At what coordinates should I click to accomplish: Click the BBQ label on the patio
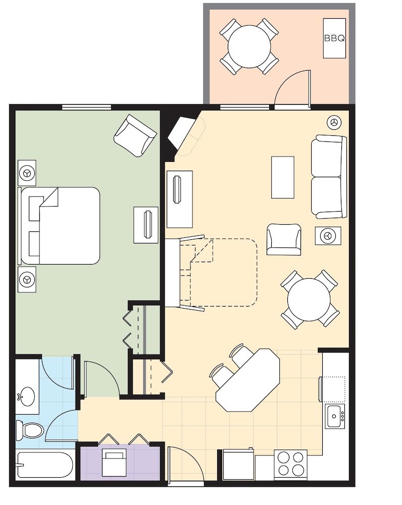(x=335, y=38)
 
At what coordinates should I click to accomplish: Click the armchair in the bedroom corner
(x=135, y=136)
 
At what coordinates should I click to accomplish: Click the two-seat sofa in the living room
(x=328, y=176)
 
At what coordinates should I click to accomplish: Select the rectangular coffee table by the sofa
(x=282, y=177)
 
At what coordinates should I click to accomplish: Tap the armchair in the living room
(x=283, y=239)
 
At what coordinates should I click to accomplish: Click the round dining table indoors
(x=309, y=299)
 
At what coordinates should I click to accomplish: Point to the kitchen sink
(x=334, y=416)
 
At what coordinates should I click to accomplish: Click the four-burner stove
(x=290, y=463)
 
